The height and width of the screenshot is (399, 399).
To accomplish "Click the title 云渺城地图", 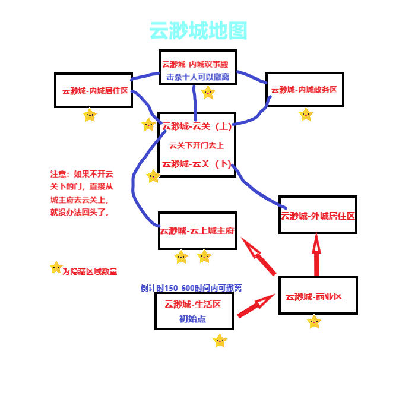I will (x=198, y=31).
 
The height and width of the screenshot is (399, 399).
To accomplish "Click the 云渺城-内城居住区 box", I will (x=93, y=90).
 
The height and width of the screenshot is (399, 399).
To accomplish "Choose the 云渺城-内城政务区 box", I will (x=304, y=90).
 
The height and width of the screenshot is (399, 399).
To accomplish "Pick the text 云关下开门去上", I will (x=196, y=145).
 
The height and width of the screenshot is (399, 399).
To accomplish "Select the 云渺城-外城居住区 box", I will (x=318, y=216).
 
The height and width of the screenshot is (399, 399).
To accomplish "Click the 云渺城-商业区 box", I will (x=318, y=296).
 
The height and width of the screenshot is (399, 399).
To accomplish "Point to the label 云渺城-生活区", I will (x=193, y=305).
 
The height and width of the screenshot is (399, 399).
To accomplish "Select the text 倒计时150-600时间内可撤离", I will (x=191, y=288).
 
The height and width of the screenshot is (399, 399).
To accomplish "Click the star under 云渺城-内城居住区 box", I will (x=90, y=115).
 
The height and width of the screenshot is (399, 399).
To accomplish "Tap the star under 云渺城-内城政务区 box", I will (x=306, y=115).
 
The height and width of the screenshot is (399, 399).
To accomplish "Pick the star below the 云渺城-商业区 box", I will (x=314, y=322).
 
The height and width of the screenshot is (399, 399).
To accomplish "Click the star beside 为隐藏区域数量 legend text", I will (x=56, y=268).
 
